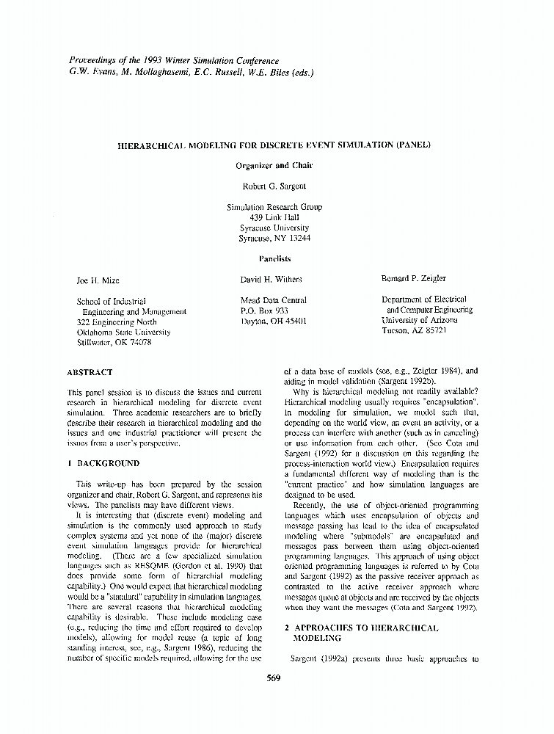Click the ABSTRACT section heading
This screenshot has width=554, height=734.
coord(90,372)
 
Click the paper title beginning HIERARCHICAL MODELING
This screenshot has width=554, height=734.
coord(274,145)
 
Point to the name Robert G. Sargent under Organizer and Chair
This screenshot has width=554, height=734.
coord(274,186)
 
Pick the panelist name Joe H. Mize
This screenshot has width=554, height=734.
coord(98,280)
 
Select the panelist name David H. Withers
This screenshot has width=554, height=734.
coord(271,279)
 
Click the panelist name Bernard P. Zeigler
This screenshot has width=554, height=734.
coord(414,279)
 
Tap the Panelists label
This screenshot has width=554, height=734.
coord(274,258)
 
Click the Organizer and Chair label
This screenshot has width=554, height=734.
coord(274,166)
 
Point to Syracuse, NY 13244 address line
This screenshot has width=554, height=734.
coord(274,238)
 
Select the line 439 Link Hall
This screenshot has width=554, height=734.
coord(274,217)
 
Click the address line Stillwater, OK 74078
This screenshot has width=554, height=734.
coord(114,342)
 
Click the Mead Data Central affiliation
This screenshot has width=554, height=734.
coord(274,300)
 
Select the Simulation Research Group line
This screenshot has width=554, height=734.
coord(274,207)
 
